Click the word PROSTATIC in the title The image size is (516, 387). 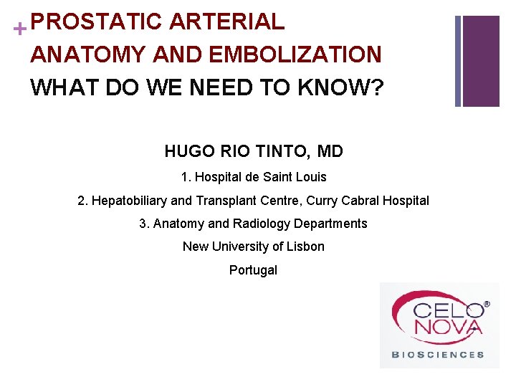point(97,21)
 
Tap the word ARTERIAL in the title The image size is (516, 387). point(226,21)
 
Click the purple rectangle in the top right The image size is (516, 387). point(481,61)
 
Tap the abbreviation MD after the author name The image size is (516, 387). point(330,152)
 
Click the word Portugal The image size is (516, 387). point(253,270)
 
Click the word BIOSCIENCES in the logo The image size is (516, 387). point(437,354)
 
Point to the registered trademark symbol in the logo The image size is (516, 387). point(487,304)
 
